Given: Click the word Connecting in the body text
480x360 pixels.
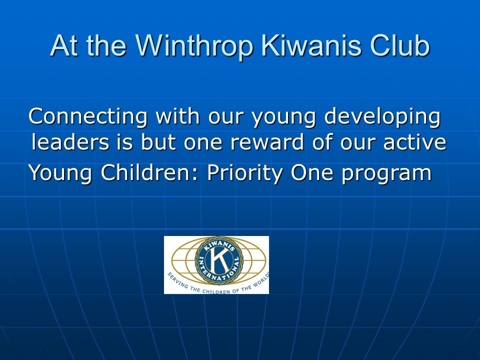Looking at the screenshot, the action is [x=88, y=117].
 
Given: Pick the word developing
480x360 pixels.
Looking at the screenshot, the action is [x=382, y=117].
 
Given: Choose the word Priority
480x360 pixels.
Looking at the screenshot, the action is [x=245, y=173].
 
